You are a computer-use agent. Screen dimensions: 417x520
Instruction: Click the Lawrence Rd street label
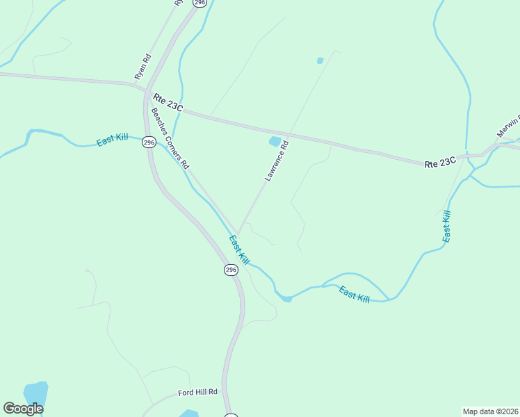click(x=276, y=161)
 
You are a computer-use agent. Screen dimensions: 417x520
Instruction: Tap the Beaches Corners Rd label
click(x=170, y=139)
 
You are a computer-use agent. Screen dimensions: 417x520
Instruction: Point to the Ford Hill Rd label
click(x=197, y=392)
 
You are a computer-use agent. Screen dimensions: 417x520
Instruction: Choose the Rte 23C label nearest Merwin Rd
click(x=441, y=162)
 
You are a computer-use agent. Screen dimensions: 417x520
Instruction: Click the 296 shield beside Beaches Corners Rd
click(x=149, y=142)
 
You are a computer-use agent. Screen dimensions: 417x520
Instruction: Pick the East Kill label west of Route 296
click(x=112, y=140)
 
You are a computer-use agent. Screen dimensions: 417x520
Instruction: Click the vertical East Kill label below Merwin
click(x=446, y=226)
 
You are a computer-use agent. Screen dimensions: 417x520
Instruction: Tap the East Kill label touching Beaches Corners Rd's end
click(x=239, y=250)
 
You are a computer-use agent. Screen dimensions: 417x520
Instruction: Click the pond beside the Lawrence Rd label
click(x=275, y=142)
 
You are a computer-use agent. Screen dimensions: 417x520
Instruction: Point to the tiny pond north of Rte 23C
click(x=320, y=60)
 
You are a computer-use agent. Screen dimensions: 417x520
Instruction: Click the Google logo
click(x=23, y=409)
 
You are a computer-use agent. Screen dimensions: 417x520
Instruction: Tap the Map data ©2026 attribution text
click(x=490, y=411)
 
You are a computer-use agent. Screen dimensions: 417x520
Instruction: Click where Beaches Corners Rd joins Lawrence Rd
click(x=238, y=232)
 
